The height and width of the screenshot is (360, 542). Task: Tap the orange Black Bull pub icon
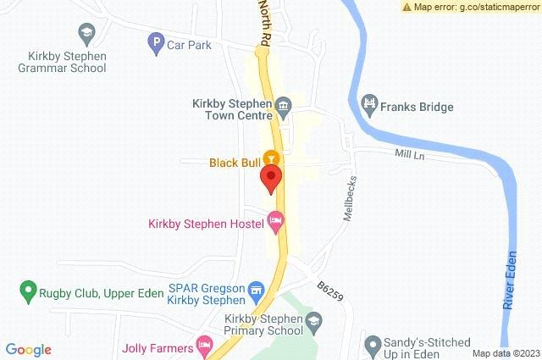pos(271,158)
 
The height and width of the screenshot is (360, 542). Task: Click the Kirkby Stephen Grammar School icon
pos(86,34)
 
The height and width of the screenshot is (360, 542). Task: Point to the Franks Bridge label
pos(417,107)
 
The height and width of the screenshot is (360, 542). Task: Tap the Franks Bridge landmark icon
pos(369,104)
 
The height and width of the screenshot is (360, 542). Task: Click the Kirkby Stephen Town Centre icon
pos(283,106)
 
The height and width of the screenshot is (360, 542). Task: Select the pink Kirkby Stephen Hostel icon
pos(274,222)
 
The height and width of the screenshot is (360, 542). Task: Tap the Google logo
pos(29,349)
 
